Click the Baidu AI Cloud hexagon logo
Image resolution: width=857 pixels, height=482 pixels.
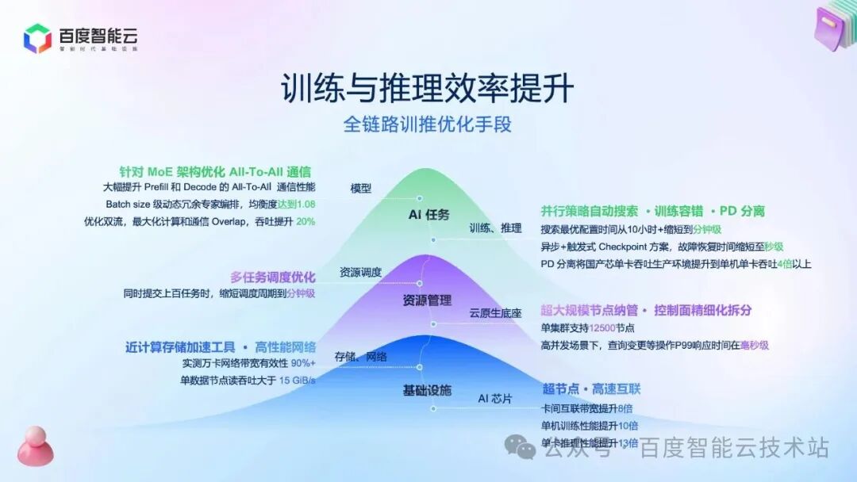[x=37, y=38]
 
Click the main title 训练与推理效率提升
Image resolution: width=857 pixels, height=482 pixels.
[x=428, y=89]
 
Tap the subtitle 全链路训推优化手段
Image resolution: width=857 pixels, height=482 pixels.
[x=426, y=125]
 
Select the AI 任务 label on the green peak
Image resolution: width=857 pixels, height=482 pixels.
[x=429, y=215]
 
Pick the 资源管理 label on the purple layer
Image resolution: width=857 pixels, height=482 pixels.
[x=427, y=300]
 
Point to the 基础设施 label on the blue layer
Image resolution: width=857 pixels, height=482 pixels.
[x=427, y=390]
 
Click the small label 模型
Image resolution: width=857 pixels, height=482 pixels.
[x=361, y=189]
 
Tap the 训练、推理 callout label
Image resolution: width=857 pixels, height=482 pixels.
[x=495, y=228]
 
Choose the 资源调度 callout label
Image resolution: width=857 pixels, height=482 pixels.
[x=360, y=272]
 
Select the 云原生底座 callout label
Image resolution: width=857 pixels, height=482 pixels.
[x=495, y=313]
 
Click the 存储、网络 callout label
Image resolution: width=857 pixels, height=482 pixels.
[x=360, y=357]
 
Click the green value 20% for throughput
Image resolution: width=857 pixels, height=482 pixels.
[x=306, y=222]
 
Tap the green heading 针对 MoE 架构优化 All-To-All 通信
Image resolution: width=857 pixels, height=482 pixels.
[x=214, y=171]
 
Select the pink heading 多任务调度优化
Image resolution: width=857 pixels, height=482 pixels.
[x=272, y=277]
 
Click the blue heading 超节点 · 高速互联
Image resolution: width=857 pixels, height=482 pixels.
[x=591, y=389]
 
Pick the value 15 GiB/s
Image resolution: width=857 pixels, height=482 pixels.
[x=297, y=381]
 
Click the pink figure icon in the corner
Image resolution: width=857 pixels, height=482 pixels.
[x=36, y=446]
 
